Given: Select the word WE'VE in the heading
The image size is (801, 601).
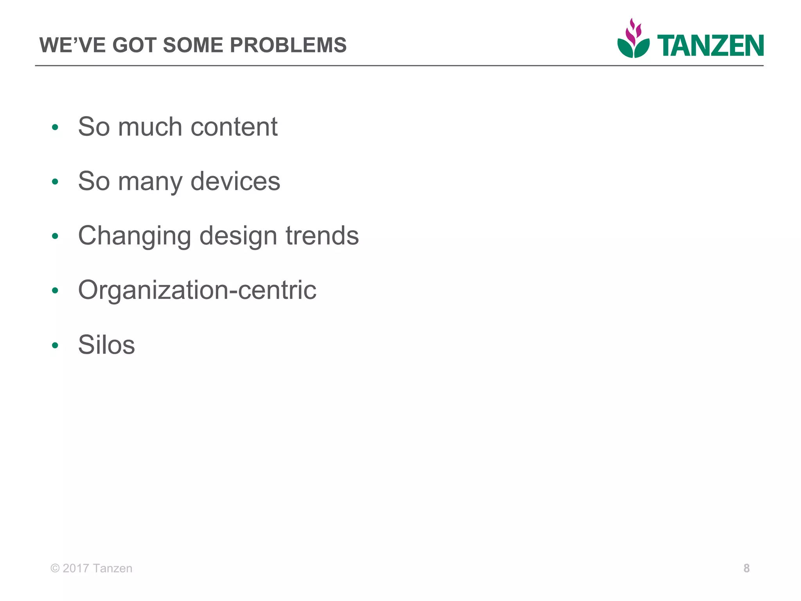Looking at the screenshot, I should coord(73,45).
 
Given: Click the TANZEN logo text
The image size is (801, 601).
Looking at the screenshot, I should coord(710,46).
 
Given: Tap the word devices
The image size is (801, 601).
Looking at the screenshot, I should coord(235,181).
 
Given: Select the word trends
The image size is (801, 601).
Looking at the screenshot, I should coord(322,236).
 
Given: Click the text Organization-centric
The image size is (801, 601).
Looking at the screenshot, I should coord(197,290).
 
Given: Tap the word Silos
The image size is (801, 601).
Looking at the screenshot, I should coord(106,345).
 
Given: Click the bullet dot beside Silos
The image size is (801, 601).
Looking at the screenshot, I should coord(55,345).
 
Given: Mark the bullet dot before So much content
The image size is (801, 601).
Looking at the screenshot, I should coord(55,127).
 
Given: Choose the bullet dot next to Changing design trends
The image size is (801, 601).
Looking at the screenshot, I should coord(55,236).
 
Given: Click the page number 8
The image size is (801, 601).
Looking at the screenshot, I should coord(746,568).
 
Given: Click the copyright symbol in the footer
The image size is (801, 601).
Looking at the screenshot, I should coord(55,568).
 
